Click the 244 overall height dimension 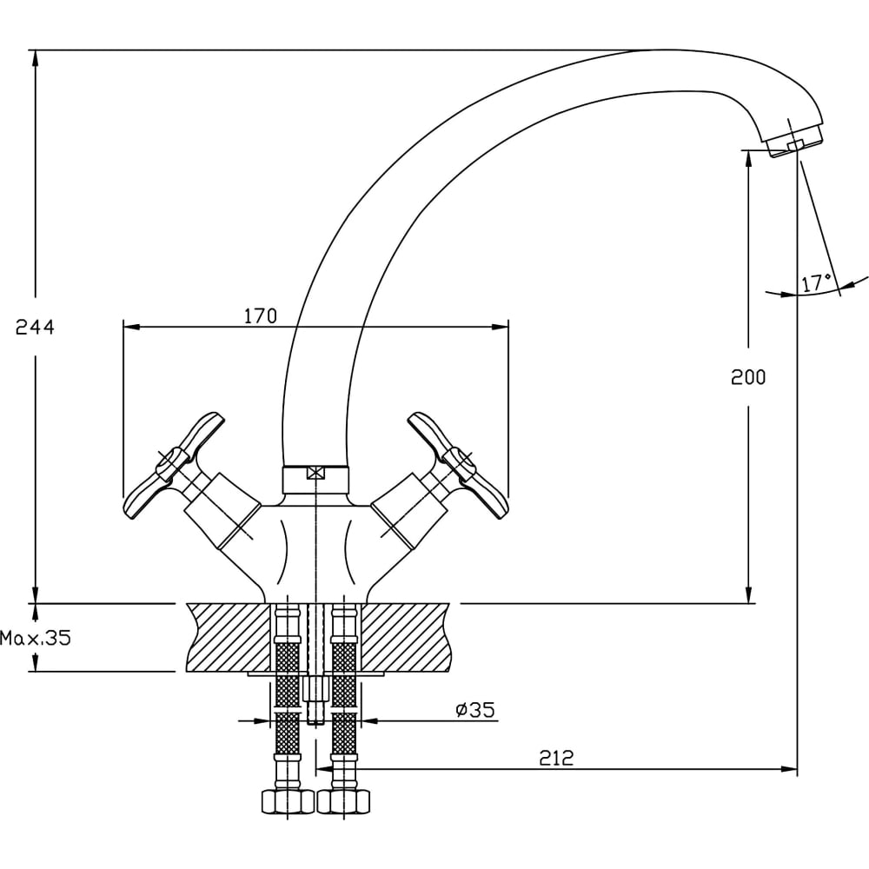(35, 328)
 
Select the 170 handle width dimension (260, 315)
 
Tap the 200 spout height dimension (748, 377)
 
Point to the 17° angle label (816, 282)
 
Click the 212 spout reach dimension (556, 758)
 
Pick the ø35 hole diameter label (474, 710)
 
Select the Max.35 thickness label (35, 639)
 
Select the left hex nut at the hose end (288, 800)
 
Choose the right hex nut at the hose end (344, 800)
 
